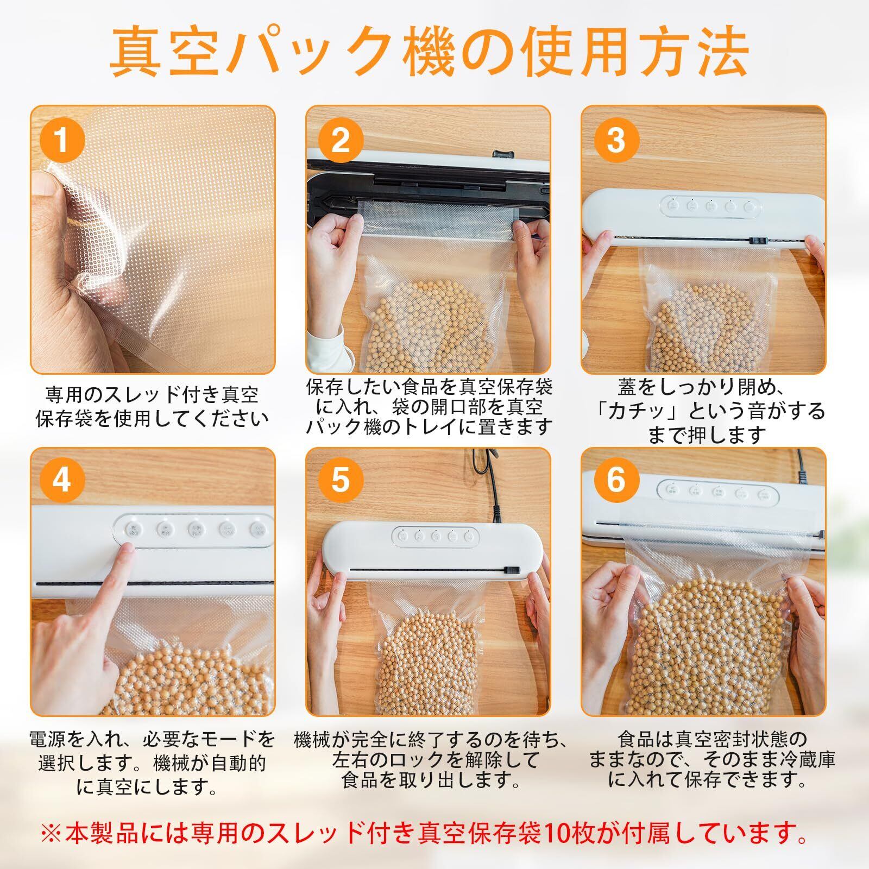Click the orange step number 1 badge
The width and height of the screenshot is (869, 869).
pyautogui.click(x=61, y=141)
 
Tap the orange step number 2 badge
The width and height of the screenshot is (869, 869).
pyautogui.click(x=340, y=141)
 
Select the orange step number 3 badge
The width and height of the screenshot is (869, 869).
pyautogui.click(x=615, y=141)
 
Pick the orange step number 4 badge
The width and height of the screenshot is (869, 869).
pyautogui.click(x=61, y=480)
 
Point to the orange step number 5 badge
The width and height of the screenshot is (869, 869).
pyautogui.click(x=340, y=480)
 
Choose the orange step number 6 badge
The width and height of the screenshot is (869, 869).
pyautogui.click(x=615, y=480)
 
